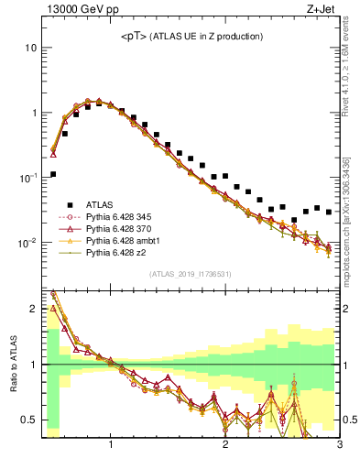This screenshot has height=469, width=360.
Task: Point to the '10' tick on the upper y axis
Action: [x=30, y=47]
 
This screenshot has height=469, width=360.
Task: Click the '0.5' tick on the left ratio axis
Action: [x=29, y=420]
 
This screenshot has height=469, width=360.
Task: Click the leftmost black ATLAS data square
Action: [x=53, y=174]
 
